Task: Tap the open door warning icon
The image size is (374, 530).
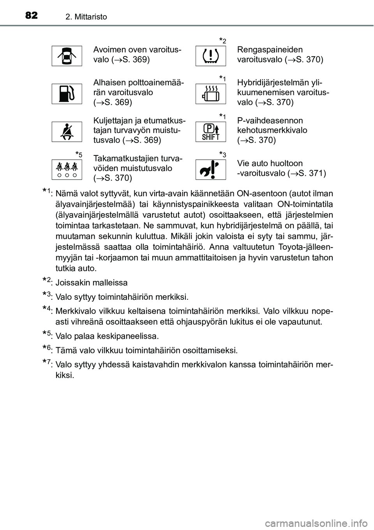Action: click(x=67, y=56)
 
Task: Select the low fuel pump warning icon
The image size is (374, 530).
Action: click(x=67, y=94)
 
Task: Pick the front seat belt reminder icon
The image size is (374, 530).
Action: click(x=67, y=131)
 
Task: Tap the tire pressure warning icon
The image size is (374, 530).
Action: click(x=210, y=56)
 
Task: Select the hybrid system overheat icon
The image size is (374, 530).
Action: click(x=210, y=94)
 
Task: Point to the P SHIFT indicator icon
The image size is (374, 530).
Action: click(x=210, y=131)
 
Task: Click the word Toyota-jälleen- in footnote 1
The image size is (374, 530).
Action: click(x=306, y=247)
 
